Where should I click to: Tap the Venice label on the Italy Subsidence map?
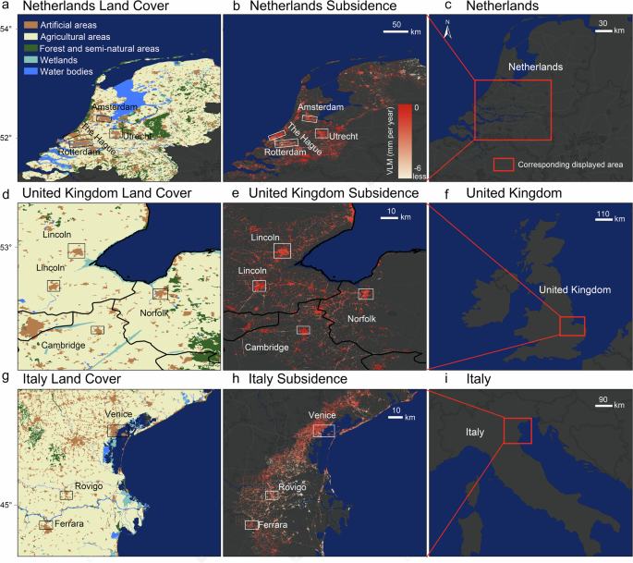pyautogui.click(x=323, y=415)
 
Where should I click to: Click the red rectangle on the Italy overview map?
pyautogui.click(x=517, y=428)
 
